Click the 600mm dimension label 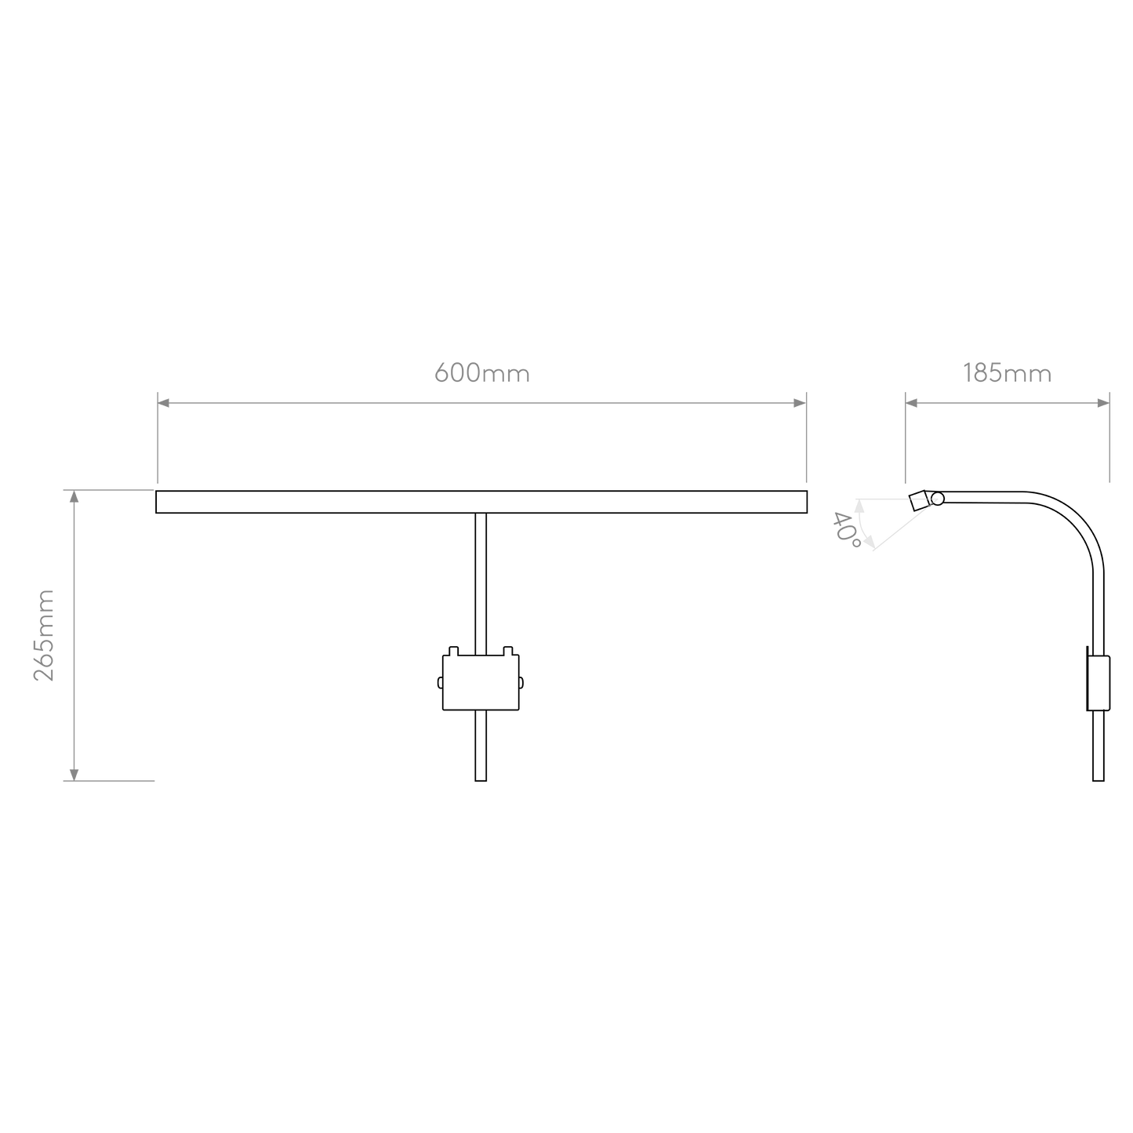(x=481, y=373)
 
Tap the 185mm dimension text (x=1007, y=374)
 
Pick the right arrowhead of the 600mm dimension (x=799, y=403)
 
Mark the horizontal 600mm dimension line (x=481, y=403)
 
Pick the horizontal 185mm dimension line (x=1007, y=403)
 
